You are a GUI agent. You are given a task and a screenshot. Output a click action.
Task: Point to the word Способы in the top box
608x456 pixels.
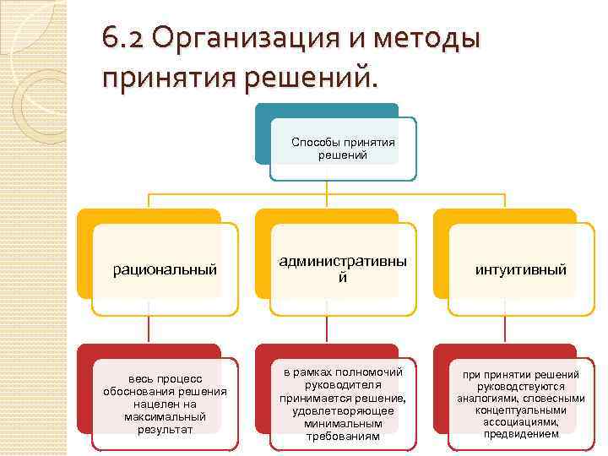[x=314, y=142]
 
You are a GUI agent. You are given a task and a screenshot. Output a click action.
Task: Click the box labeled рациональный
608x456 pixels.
[x=166, y=269]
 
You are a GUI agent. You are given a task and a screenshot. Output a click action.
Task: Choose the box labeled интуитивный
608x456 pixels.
[x=520, y=269]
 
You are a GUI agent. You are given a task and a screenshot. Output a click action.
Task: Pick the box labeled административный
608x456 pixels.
[x=343, y=269]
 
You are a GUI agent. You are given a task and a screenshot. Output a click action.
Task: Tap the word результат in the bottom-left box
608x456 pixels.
[x=165, y=429]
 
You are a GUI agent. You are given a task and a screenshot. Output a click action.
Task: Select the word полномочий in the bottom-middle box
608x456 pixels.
[x=367, y=372]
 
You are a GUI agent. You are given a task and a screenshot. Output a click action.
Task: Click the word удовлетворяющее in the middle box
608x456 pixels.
[x=343, y=410]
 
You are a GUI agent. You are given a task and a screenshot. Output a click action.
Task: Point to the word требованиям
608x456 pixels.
[x=343, y=436]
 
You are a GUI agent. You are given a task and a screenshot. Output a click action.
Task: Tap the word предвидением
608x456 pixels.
[x=520, y=434]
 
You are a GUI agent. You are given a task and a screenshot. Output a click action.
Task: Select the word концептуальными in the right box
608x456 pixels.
[x=520, y=410]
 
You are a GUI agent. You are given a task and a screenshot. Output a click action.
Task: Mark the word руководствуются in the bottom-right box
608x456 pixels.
[x=520, y=387]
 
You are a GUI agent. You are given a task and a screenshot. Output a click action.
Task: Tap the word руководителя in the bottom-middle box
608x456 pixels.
[x=343, y=385]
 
